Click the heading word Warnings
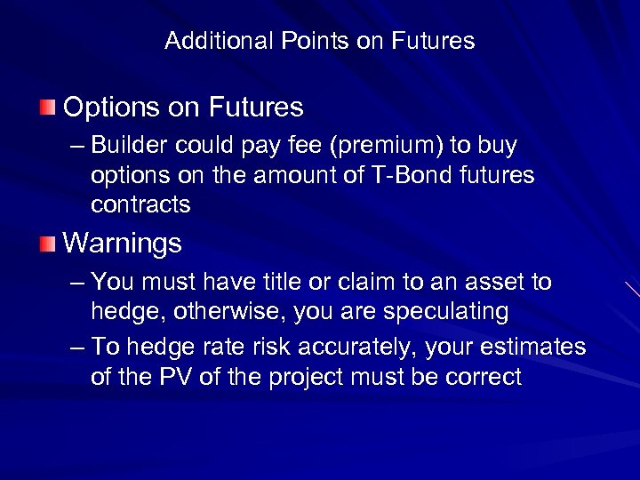123,242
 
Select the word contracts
140,204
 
